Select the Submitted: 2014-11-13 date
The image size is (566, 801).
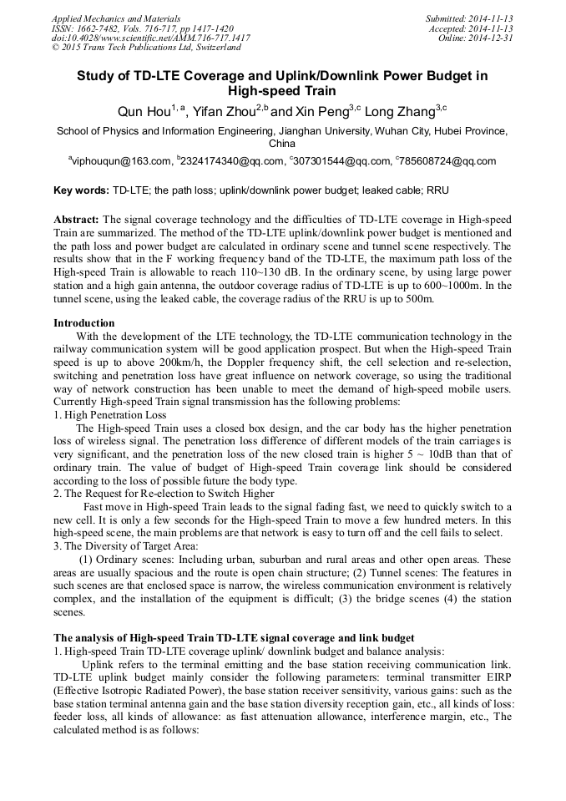tap(468, 18)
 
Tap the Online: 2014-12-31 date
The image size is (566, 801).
tap(475, 38)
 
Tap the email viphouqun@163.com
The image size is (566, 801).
tap(122, 161)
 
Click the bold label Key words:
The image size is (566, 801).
tap(81, 190)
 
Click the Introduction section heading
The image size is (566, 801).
tap(84, 323)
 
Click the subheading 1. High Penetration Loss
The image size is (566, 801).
tap(109, 415)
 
